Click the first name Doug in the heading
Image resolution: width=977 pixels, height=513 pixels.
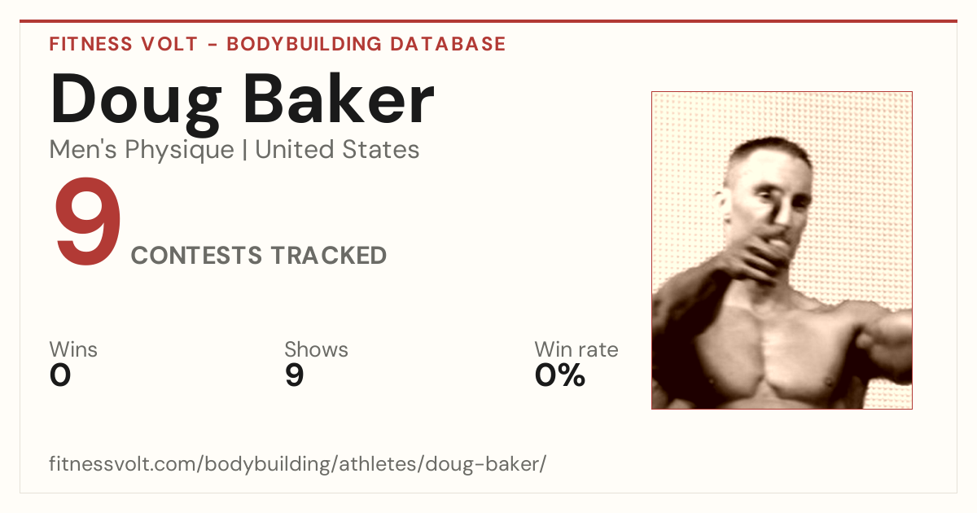136,104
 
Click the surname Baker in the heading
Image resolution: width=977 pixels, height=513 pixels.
339,99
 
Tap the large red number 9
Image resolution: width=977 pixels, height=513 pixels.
88,221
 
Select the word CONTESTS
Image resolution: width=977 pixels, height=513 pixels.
197,255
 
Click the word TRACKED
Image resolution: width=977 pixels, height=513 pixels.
329,255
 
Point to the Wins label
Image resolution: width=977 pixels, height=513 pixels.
73,349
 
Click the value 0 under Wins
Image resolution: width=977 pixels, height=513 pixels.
60,375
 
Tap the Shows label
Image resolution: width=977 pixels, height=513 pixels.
316,349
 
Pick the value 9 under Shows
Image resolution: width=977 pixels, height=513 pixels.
295,375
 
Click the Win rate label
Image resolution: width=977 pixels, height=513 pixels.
576,349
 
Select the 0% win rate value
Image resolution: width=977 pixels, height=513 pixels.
560,375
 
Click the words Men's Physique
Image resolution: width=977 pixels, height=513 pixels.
142,150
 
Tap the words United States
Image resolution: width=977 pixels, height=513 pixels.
337,150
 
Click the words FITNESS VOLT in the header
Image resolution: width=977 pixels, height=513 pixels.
124,44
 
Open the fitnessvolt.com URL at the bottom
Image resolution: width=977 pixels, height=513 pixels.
297,463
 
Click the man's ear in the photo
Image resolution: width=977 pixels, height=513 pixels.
722,206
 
